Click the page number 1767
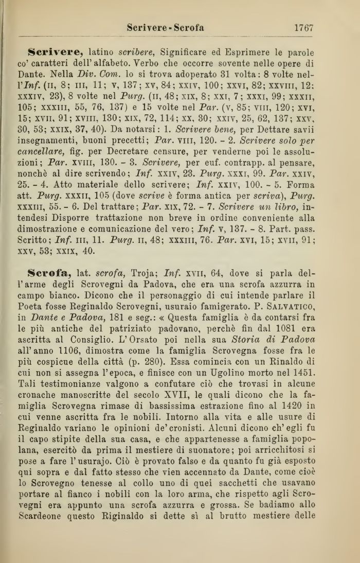click(303, 28)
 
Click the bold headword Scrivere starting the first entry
click(56, 52)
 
